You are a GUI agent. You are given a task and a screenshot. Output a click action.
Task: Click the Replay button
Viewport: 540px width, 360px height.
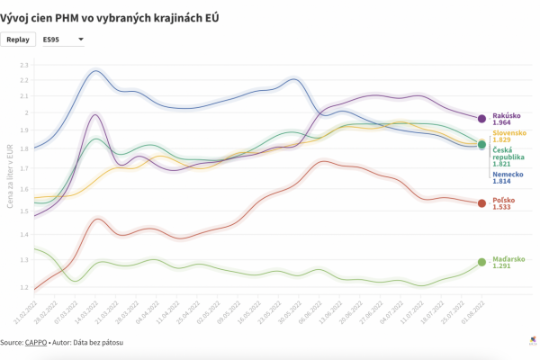pos(18,40)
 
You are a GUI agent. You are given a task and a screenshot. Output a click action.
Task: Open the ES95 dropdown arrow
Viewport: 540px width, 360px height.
pos(81,40)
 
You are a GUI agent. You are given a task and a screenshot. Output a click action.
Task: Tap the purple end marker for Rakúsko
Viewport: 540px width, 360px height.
pos(481,119)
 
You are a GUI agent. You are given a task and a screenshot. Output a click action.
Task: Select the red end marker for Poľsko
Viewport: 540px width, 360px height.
pos(481,203)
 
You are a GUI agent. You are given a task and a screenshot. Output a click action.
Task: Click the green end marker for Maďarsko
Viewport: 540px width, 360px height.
pos(481,262)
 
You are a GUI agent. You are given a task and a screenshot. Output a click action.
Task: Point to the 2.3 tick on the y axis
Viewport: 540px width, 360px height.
pos(24,66)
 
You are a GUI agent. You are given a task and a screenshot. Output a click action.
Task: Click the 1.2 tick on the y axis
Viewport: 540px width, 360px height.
pos(24,287)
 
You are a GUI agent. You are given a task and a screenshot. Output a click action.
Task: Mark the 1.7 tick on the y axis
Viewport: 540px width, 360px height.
pos(24,168)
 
